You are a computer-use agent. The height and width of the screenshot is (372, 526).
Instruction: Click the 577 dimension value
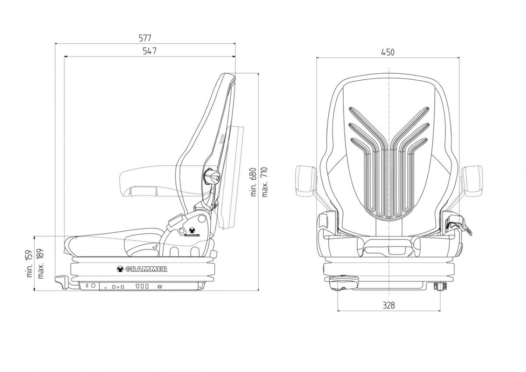(145, 38)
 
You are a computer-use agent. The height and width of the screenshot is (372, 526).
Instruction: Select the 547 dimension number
(149, 51)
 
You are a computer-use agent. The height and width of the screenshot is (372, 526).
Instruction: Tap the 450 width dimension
(387, 52)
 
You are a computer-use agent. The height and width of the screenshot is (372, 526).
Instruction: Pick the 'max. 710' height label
(264, 182)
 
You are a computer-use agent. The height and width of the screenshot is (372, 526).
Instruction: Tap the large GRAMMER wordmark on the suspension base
(142, 269)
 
